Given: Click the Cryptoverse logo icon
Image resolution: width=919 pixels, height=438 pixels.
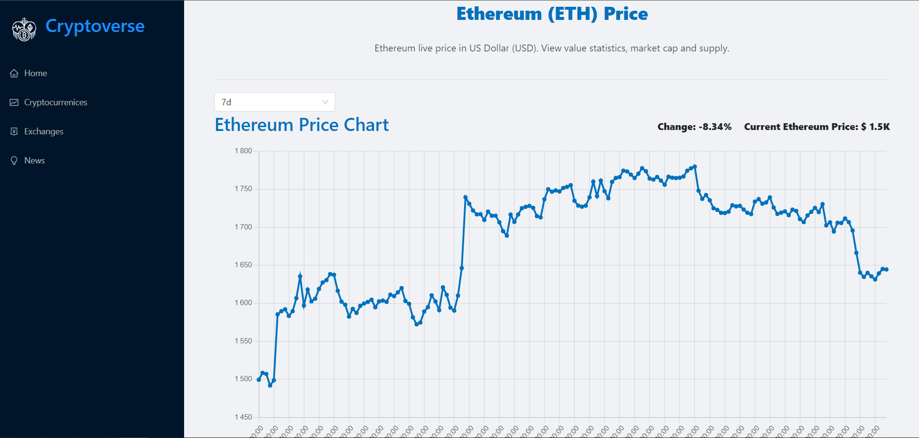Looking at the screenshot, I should (x=24, y=29).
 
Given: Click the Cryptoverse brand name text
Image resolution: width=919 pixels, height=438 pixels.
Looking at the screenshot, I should (x=95, y=26).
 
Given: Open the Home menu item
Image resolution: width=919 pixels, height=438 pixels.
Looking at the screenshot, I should (x=35, y=73).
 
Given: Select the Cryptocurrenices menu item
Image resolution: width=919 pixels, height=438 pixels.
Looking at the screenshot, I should (x=56, y=102).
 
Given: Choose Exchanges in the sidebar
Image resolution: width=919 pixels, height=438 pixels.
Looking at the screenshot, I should (x=44, y=131).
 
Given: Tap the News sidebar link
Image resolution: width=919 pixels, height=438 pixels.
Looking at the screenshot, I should (x=34, y=161).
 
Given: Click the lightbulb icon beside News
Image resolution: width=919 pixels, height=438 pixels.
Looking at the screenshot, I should (x=14, y=161).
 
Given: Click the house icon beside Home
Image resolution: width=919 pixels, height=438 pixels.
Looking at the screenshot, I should (x=14, y=73).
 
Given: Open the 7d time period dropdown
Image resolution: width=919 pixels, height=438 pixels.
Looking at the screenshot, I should (x=274, y=102).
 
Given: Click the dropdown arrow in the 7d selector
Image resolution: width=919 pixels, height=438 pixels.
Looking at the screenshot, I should (x=325, y=102).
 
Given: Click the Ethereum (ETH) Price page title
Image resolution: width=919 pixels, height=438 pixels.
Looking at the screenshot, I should (x=552, y=14).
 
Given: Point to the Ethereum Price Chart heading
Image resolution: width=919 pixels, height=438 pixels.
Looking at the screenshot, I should (x=301, y=125).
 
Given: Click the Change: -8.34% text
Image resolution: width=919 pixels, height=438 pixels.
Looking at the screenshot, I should (x=694, y=127).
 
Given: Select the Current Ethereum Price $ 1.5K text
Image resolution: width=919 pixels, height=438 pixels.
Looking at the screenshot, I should (x=817, y=127).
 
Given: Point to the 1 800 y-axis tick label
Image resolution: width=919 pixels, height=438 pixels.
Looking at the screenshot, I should (x=243, y=151).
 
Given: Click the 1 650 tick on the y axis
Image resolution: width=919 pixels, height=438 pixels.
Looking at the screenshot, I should (x=243, y=265).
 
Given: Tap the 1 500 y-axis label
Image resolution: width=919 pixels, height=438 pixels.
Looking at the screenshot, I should (x=243, y=379).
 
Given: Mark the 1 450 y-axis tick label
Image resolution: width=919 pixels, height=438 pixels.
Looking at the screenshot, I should (x=243, y=417).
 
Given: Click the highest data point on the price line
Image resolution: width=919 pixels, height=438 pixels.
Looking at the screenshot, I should (x=695, y=166).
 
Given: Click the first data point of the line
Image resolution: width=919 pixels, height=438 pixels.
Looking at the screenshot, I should (x=259, y=380).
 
